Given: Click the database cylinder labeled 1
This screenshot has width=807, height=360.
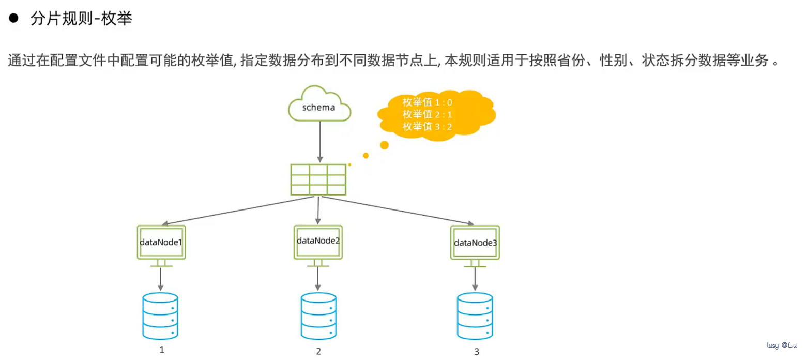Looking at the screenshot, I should [x=160, y=316].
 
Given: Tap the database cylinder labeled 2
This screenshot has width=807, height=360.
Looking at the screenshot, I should [x=318, y=317].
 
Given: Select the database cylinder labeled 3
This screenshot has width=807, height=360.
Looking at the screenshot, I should [x=475, y=316].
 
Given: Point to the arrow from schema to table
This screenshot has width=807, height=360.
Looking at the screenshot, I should [x=320, y=142].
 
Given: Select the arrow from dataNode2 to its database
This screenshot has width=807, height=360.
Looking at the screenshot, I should [x=317, y=279].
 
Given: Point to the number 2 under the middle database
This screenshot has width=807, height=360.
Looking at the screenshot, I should [x=318, y=352].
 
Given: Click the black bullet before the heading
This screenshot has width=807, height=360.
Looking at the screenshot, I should [x=14, y=19].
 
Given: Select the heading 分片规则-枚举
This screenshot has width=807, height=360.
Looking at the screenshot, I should [x=82, y=20].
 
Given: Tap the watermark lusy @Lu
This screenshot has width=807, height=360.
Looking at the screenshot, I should [x=781, y=344].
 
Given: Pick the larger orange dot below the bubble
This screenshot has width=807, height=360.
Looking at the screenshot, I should [x=384, y=145].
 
